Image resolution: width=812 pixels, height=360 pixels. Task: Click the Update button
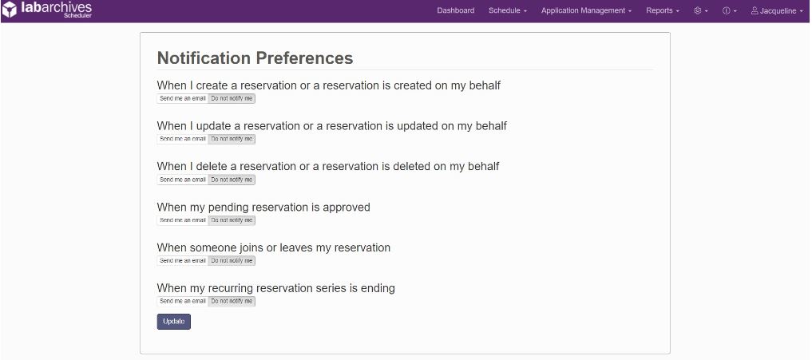(174, 322)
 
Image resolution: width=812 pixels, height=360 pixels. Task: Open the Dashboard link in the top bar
(456, 10)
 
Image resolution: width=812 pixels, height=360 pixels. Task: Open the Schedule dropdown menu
(508, 10)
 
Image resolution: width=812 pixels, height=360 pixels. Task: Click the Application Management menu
(586, 10)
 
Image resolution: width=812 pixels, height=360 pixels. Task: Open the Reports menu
(663, 10)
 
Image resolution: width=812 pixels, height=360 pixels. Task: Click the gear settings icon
(698, 10)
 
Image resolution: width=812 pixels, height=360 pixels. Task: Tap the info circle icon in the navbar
(726, 10)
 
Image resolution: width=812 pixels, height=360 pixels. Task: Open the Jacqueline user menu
(777, 10)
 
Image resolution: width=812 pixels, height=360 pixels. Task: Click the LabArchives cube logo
(10, 10)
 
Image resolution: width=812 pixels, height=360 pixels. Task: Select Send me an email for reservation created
(183, 98)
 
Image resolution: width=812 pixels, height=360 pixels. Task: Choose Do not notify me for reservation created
(232, 98)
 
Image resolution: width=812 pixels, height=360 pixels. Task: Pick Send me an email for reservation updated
(183, 139)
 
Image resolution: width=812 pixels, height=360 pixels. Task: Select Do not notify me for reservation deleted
(232, 180)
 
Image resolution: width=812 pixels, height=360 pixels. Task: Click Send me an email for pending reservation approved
(183, 220)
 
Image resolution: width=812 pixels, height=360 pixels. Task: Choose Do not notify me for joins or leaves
(232, 260)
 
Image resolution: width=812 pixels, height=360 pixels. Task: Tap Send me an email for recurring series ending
(183, 301)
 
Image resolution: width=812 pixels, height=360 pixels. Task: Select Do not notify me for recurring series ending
(232, 301)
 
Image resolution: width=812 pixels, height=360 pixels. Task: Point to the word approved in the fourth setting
(347, 208)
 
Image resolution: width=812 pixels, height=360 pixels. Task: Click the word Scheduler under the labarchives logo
(77, 15)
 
